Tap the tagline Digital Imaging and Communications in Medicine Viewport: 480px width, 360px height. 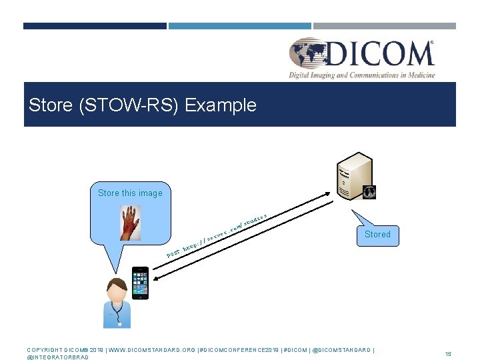pos(361,75)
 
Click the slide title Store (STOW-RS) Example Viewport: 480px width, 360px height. pos(143,105)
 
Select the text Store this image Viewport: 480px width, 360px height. pos(130,193)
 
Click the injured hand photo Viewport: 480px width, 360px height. pos(131,222)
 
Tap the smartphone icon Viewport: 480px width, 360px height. pos(140,283)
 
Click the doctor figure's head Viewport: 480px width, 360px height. pos(117,289)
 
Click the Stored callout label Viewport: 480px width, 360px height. pos(377,235)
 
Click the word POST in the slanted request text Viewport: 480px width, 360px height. pos(173,255)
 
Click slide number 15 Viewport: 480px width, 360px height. pos(448,353)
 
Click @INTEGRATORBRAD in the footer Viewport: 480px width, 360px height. pos(57,357)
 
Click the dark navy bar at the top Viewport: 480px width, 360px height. pos(95,26)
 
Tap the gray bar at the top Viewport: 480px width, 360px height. pos(385,26)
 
